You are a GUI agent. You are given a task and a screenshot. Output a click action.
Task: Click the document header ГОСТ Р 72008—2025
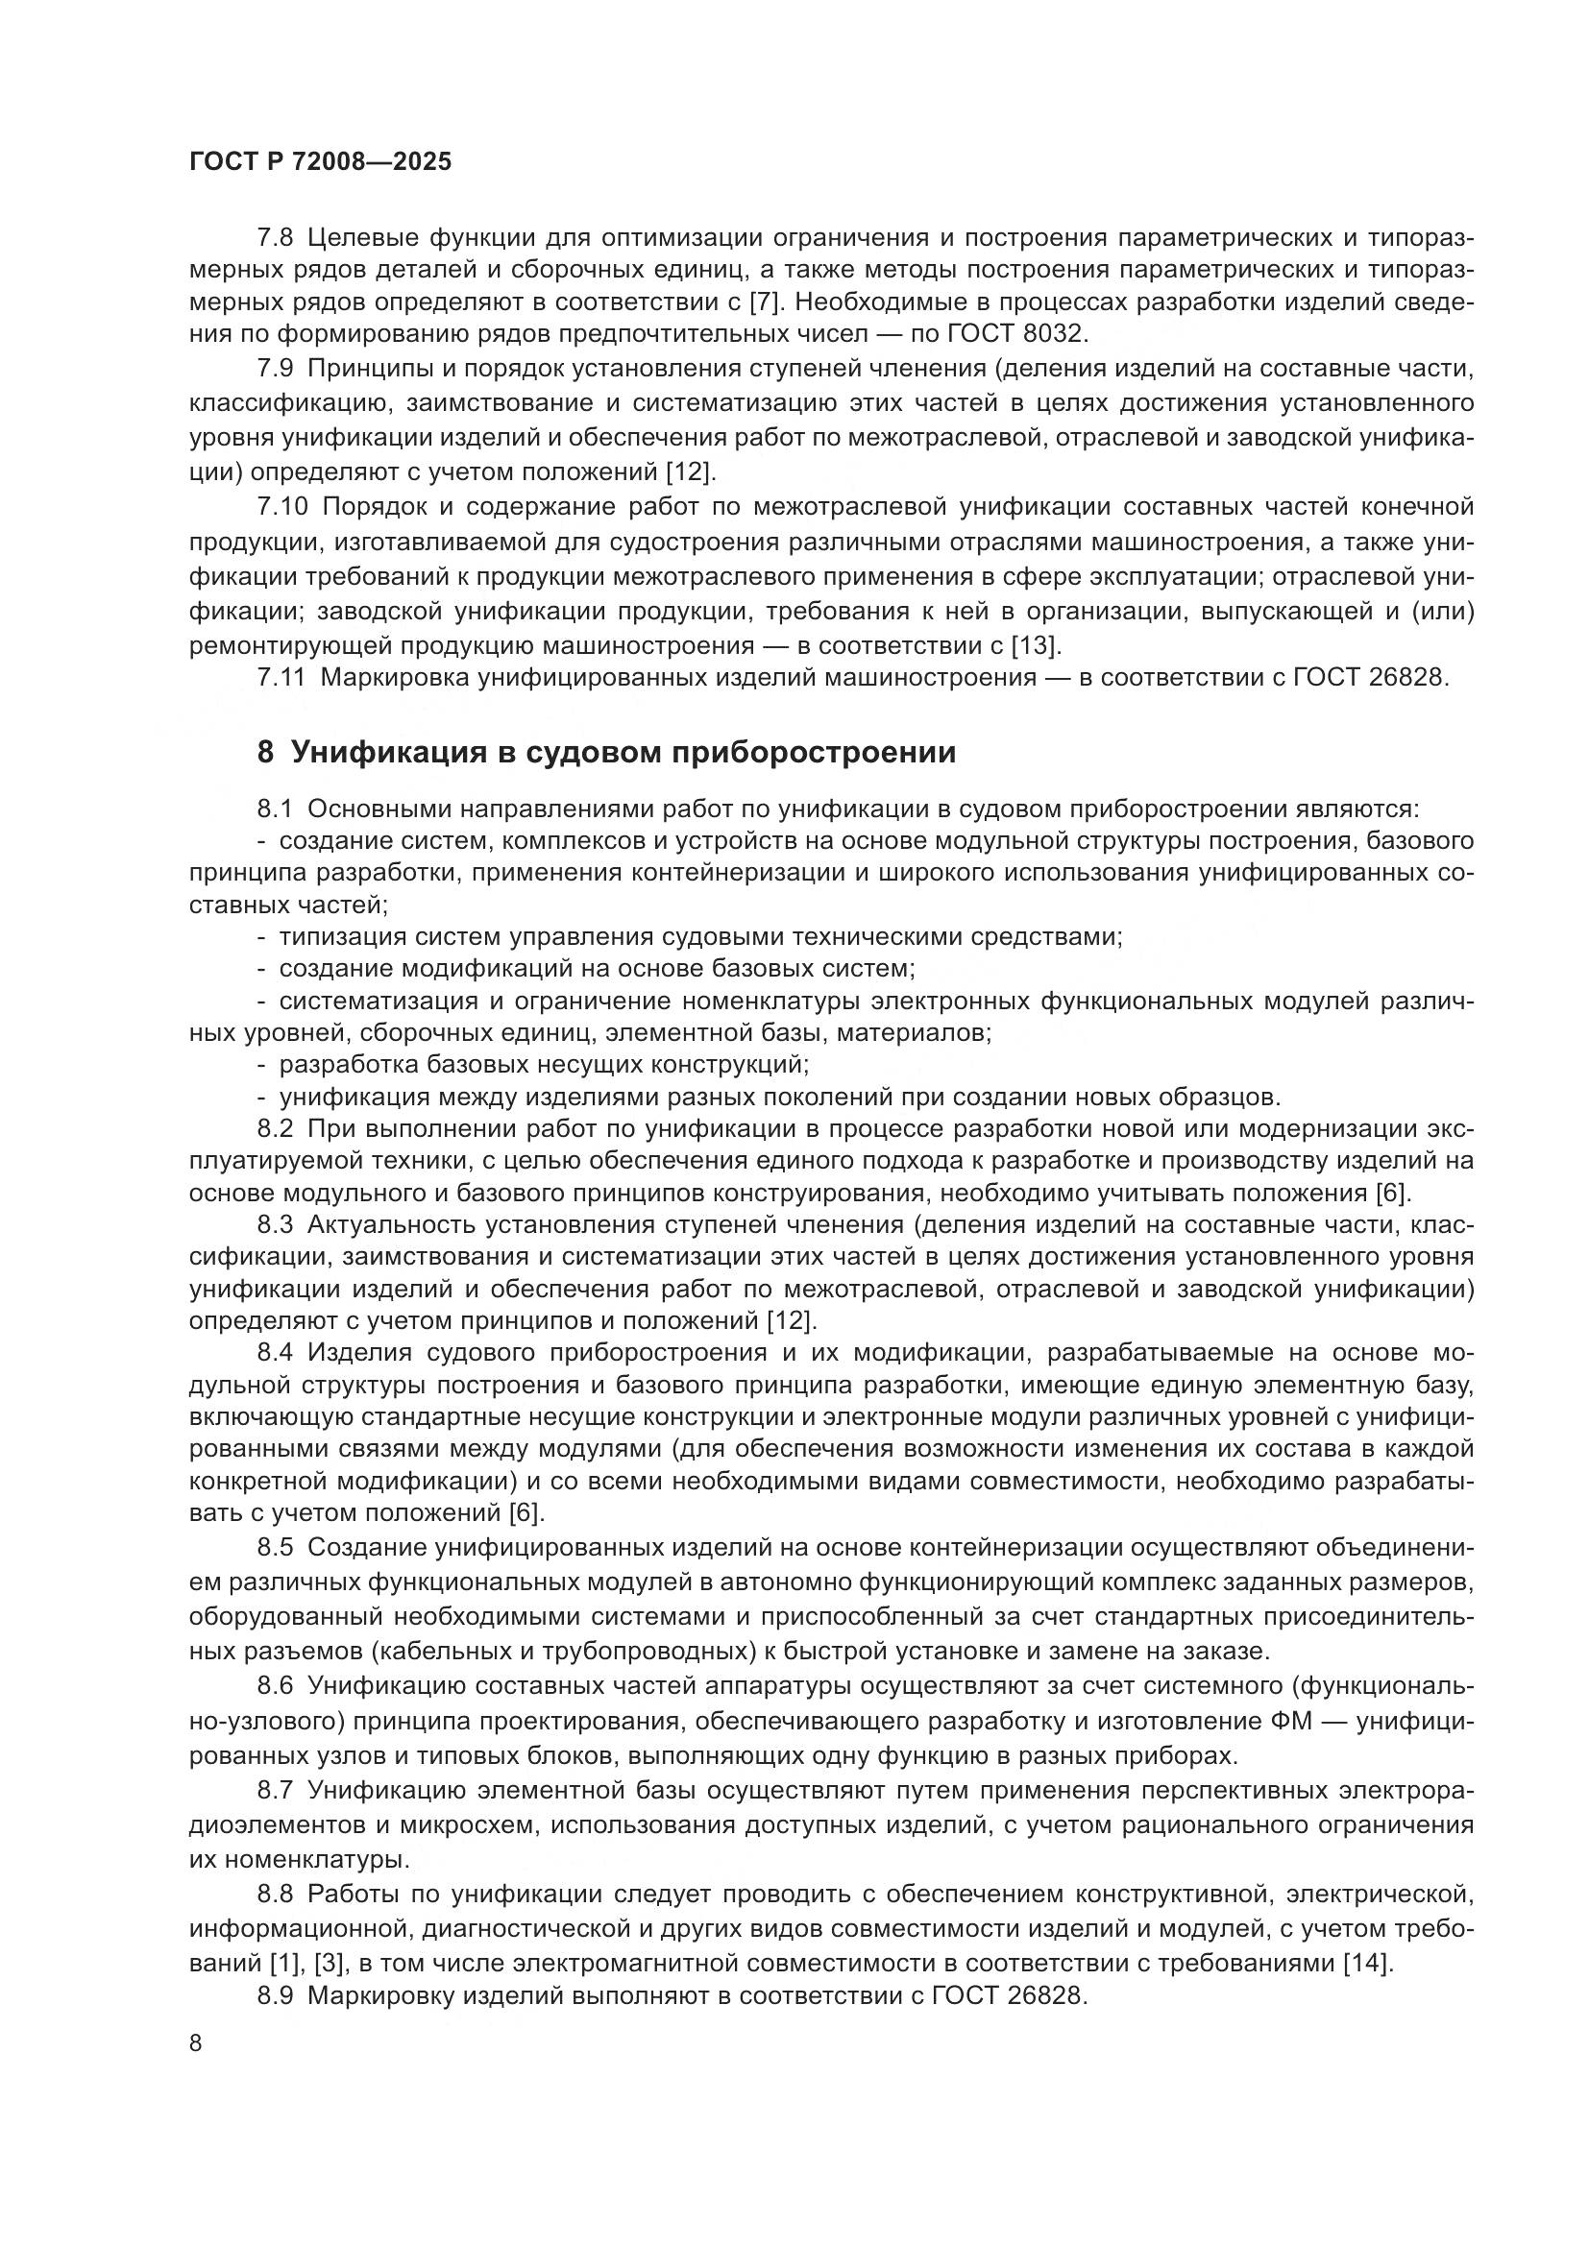click(x=320, y=161)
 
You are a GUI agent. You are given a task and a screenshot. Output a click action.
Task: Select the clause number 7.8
click(x=275, y=238)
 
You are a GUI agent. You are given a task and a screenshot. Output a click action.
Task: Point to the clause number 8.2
click(x=275, y=1128)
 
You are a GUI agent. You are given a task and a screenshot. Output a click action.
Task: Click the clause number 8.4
click(x=275, y=1352)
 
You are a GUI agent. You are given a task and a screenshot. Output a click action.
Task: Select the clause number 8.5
click(x=275, y=1547)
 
